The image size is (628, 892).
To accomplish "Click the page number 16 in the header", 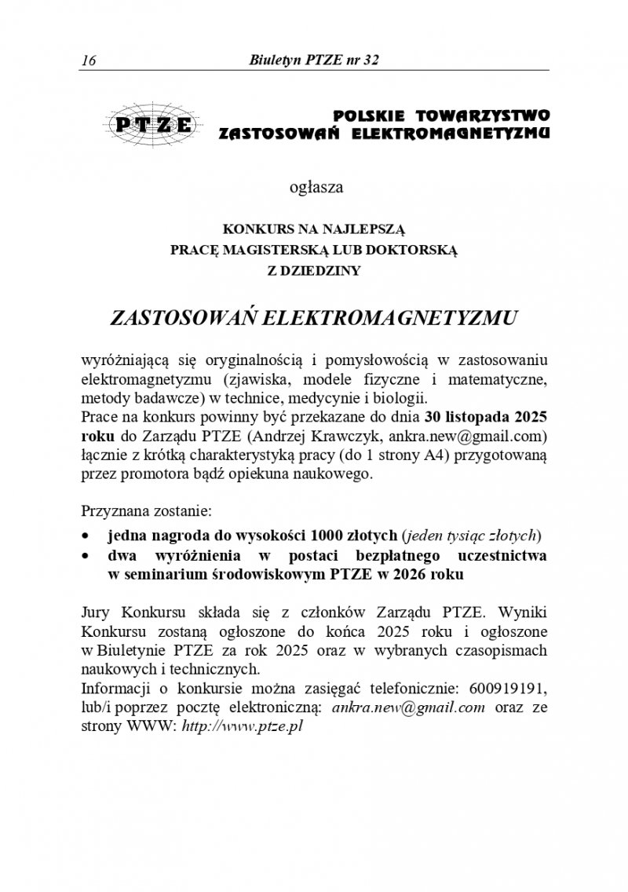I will coord(88,60).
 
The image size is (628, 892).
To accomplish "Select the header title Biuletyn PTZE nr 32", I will coord(313,60).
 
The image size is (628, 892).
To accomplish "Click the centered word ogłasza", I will coord(316,188).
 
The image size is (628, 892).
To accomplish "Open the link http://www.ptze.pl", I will coord(242,726).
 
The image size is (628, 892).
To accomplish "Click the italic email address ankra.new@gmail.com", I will coord(408,707).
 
